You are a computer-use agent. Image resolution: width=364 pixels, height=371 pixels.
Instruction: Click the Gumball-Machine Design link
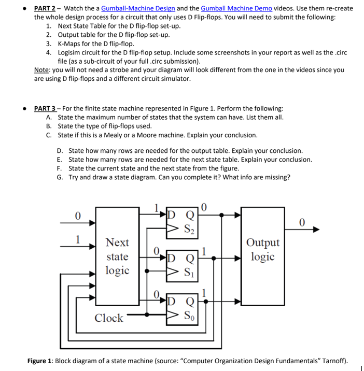pos(138,8)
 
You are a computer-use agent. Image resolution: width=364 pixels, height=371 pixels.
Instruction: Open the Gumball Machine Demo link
pos(236,8)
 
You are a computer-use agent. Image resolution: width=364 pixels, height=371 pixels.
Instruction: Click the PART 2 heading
pos(45,8)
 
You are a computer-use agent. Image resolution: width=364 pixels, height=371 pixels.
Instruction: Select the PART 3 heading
pos(45,108)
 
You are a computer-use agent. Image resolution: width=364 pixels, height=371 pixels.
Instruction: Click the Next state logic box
pos(117,256)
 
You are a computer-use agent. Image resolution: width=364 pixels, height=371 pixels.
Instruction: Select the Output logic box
pos(262,249)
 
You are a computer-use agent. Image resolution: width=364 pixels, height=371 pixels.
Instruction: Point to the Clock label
pos(109,318)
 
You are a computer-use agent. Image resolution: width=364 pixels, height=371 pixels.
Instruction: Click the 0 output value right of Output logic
pos(302,223)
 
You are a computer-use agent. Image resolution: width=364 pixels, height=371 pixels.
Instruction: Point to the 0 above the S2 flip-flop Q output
pos(203,207)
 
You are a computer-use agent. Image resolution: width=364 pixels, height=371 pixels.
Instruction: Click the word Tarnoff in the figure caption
pos(333,361)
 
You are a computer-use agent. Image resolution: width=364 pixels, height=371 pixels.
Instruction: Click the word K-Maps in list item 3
pos(69,44)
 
